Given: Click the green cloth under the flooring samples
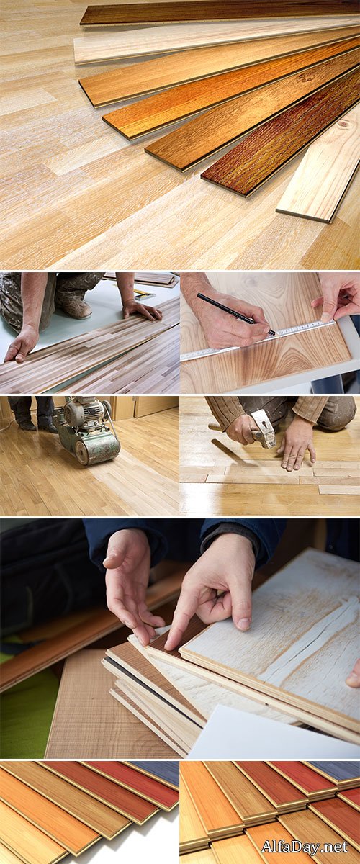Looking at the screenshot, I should pos(22,713).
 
